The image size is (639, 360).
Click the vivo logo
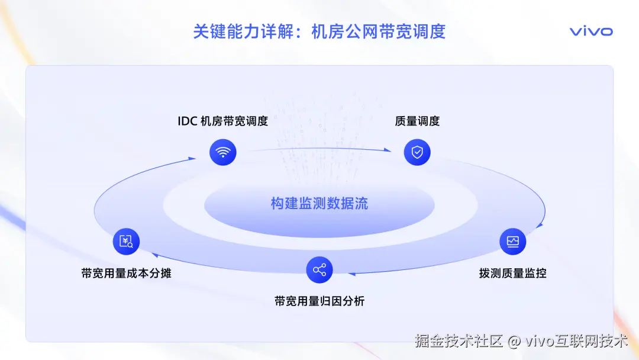[591, 31]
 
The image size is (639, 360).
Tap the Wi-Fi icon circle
[222, 152]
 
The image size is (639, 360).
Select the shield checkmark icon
[417, 152]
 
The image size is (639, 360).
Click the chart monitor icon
[512, 241]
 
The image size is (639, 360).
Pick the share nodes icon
[319, 270]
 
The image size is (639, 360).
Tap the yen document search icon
[126, 241]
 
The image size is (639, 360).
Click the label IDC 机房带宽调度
[222, 121]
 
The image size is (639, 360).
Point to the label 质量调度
[417, 121]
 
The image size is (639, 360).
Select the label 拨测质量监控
[512, 274]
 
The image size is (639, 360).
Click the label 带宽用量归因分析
[319, 301]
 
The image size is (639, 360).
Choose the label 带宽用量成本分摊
[126, 274]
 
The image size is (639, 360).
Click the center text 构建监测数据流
[319, 204]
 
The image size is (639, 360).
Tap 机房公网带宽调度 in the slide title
[379, 31]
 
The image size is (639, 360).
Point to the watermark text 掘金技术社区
[459, 341]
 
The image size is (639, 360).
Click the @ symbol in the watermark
[515, 342]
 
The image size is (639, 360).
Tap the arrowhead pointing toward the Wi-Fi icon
[192, 158]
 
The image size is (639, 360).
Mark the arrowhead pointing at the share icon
[350, 274]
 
